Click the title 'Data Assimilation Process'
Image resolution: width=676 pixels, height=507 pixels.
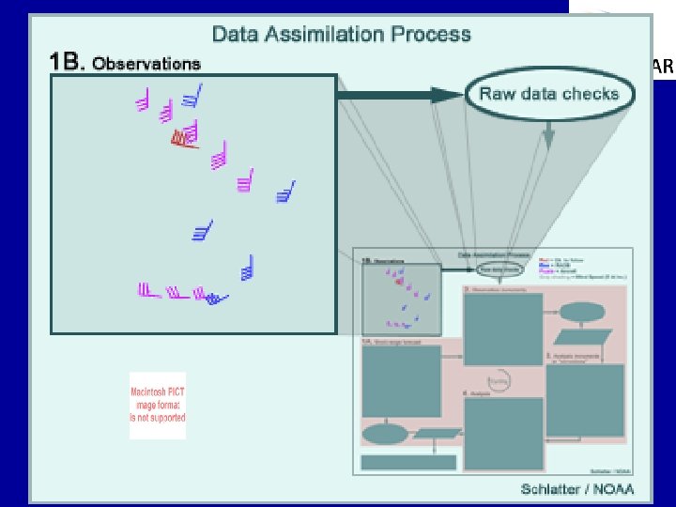(x=341, y=35)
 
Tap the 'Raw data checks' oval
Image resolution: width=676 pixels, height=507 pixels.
(x=548, y=94)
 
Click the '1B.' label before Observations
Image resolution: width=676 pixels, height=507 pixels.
(x=67, y=63)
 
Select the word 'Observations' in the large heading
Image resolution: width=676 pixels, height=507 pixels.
(x=146, y=64)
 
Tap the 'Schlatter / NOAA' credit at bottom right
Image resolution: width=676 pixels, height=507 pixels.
(x=576, y=489)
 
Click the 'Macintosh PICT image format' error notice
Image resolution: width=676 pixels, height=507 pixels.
(x=157, y=406)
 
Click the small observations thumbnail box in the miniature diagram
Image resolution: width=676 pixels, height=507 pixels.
(x=401, y=300)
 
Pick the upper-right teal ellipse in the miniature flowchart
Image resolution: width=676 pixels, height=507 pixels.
(x=583, y=311)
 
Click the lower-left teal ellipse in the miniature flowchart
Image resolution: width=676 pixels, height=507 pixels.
(x=386, y=434)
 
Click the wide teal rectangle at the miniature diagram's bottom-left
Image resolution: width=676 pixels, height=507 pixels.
(x=408, y=462)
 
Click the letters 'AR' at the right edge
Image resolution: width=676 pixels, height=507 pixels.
(x=662, y=67)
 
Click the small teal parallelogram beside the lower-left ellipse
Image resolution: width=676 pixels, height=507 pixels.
(x=438, y=434)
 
